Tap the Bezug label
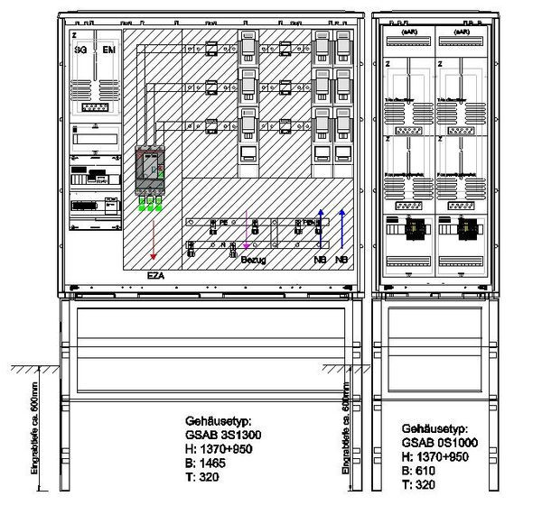(x=254, y=260)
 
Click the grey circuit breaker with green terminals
(x=149, y=172)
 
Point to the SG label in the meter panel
(x=80, y=49)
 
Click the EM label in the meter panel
(x=109, y=49)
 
